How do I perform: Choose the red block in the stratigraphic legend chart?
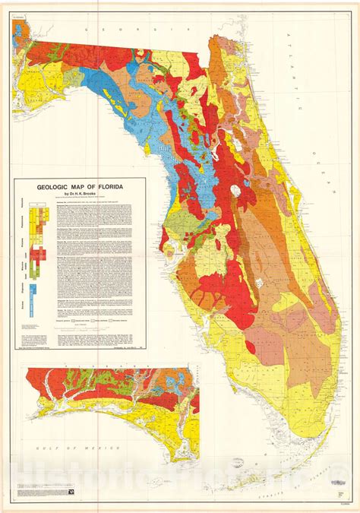pos(44,252)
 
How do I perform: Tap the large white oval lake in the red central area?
pos(237,191)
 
